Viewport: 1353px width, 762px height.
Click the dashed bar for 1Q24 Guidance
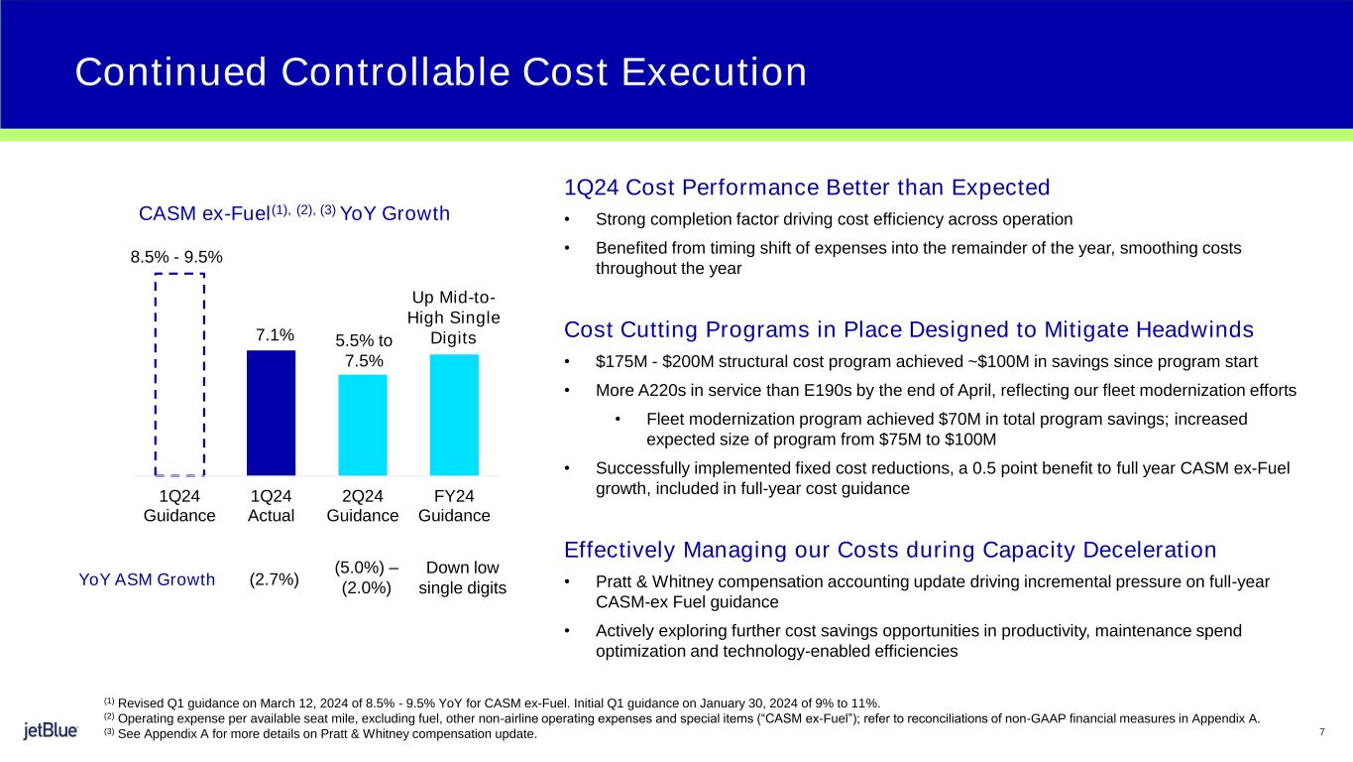(x=179, y=374)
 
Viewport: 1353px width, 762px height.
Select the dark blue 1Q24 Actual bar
(x=271, y=413)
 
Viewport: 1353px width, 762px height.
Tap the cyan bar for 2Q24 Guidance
(x=363, y=425)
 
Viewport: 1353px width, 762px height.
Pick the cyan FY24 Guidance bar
(x=454, y=415)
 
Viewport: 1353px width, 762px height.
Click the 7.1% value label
(x=271, y=336)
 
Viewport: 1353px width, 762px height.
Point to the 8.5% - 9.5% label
(x=176, y=257)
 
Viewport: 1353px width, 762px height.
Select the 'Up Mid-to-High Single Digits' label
(x=454, y=317)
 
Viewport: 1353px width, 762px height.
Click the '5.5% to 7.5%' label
(x=364, y=350)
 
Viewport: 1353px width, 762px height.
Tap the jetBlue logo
(x=51, y=731)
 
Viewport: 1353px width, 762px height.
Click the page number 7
(x=1322, y=732)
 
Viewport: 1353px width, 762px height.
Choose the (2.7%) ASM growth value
(x=275, y=579)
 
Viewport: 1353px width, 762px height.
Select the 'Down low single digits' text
(x=462, y=578)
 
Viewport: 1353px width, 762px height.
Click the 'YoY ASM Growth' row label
(x=147, y=579)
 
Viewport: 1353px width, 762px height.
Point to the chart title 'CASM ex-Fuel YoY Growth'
(x=294, y=213)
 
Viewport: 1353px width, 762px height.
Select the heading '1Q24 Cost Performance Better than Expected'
(x=806, y=187)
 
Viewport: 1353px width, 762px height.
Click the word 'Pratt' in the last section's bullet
(x=614, y=580)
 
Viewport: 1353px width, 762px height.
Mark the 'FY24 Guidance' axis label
(x=454, y=506)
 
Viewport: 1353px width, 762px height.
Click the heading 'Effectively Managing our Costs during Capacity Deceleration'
(x=889, y=550)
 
